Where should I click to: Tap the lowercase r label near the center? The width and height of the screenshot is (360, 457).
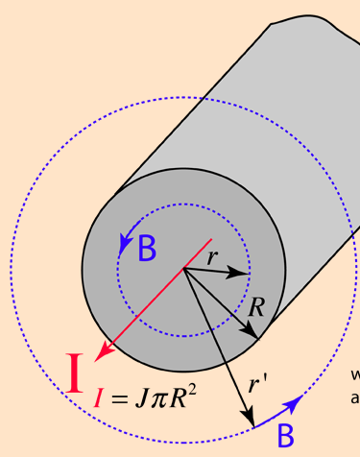[x=212, y=256]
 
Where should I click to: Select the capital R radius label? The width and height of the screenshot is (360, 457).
[x=255, y=307]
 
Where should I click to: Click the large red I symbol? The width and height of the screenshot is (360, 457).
[x=76, y=374]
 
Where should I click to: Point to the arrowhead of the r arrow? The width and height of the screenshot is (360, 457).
[x=244, y=275]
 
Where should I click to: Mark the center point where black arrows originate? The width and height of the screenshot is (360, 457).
[x=183, y=270]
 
